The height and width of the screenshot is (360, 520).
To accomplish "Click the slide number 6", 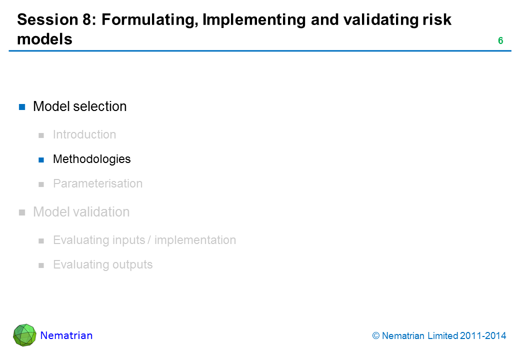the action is pos(500,41).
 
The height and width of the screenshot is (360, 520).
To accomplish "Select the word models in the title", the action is pos(45,39).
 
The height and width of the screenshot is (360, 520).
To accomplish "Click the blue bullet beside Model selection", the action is pos(22,106).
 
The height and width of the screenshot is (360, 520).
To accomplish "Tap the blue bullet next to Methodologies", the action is pos(41,160).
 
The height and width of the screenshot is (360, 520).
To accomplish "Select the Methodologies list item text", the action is pos(92,159).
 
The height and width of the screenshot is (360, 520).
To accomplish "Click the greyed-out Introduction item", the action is pos(84,134).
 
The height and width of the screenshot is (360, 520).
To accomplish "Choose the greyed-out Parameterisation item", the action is pos(98,183).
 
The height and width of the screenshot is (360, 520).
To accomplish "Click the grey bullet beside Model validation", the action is pos(22,212).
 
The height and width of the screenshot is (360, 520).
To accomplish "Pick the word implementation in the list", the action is pos(195,240).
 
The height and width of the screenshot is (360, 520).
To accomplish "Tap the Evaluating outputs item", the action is pos(103,264).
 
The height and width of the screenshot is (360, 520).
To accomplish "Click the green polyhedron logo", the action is pos(24,335).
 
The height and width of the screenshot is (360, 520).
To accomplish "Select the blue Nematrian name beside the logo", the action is pos(66,335).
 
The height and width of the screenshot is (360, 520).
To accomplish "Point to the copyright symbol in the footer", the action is pos(375,336).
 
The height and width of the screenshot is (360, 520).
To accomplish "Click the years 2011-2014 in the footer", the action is pos(483,336).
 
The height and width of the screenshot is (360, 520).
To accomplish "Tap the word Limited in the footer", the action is pos(442,336).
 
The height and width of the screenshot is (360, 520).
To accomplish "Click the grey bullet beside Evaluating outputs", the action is pos(41,265).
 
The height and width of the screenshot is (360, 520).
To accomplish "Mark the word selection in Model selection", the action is pos(100,106).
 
